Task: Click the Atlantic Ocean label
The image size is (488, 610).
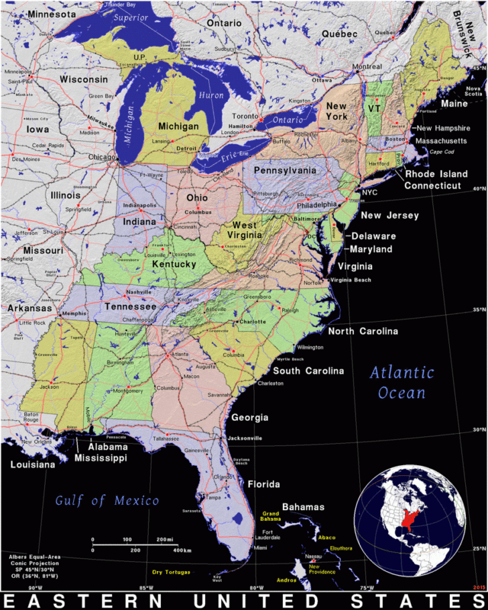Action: pyautogui.click(x=402, y=382)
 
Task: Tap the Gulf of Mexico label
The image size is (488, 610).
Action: pyautogui.click(x=107, y=500)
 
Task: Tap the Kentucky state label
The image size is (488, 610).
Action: pyautogui.click(x=174, y=264)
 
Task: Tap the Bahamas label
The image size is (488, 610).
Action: pyautogui.click(x=303, y=507)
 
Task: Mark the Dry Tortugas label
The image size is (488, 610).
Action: pyautogui.click(x=171, y=572)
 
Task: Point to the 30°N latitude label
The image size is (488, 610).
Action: pyautogui.click(x=477, y=430)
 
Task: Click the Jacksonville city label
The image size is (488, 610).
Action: pyautogui.click(x=245, y=438)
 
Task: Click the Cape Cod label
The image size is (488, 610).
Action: pyautogui.click(x=441, y=151)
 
